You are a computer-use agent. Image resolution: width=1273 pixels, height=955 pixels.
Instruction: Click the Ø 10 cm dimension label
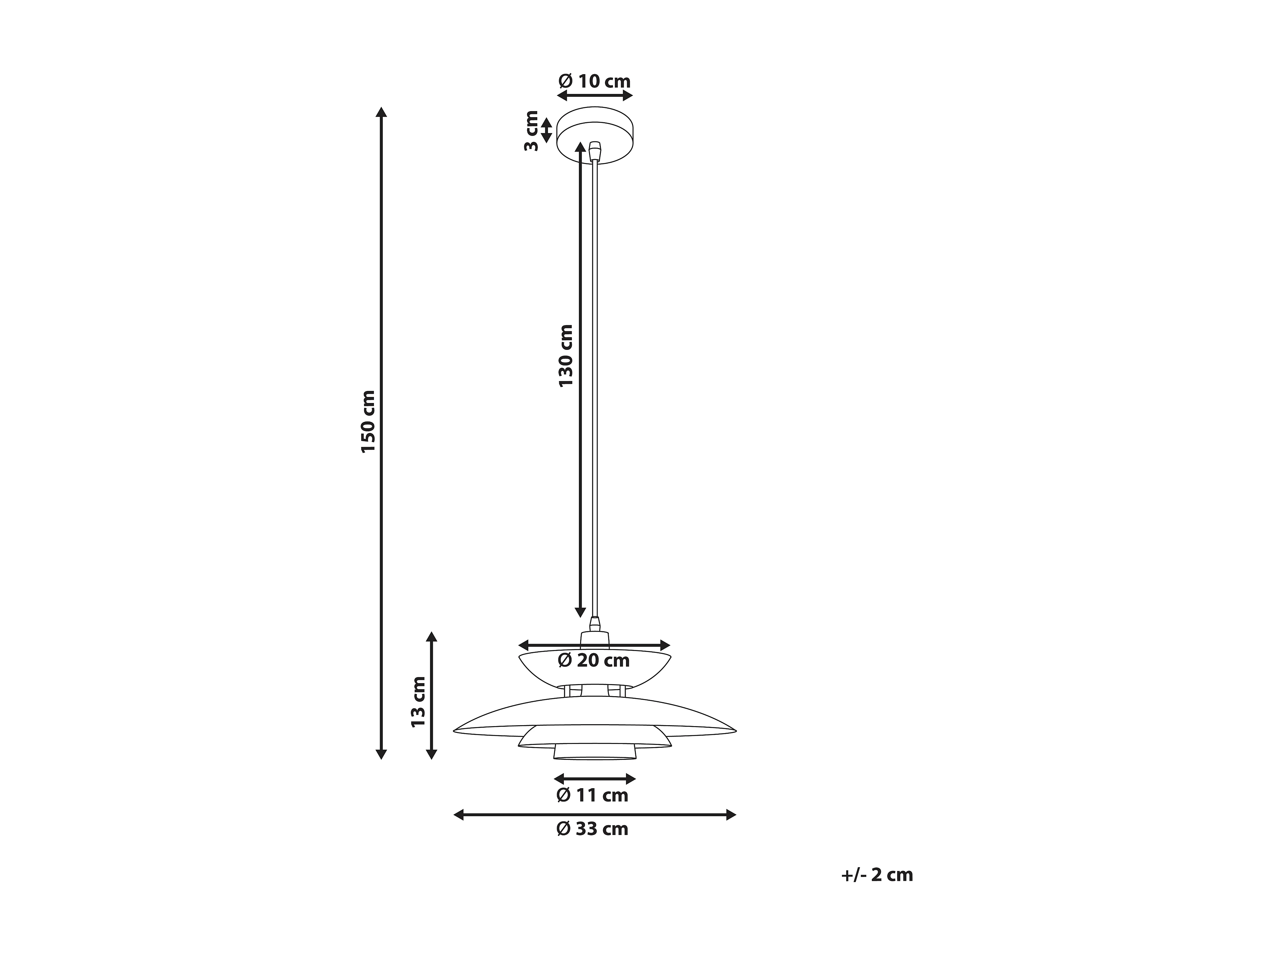coord(594,81)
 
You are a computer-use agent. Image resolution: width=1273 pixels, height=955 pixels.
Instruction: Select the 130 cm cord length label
coord(566,355)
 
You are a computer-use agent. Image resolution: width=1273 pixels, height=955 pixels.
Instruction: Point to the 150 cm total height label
coord(368,421)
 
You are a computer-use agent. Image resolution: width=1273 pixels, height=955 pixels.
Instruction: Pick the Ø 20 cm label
coord(594,660)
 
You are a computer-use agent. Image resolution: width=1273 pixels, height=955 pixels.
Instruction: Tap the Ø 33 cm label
coord(592,829)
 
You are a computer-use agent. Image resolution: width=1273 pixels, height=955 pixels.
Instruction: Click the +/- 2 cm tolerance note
coord(876,875)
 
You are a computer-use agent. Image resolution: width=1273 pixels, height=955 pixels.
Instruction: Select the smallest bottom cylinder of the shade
coord(594,751)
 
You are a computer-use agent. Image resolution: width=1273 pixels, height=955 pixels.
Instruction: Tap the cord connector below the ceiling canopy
coord(595,152)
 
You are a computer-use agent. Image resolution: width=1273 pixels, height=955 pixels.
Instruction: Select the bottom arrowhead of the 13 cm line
coord(432,754)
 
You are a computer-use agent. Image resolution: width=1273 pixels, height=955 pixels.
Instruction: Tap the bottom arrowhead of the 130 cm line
coord(580,612)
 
